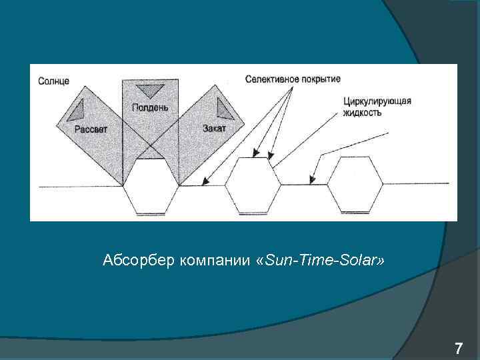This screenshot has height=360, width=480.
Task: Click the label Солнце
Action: pyautogui.click(x=53, y=81)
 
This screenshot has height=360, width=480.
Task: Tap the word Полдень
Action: pyautogui.click(x=150, y=107)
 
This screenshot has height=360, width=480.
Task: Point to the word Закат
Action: pyautogui.click(x=215, y=128)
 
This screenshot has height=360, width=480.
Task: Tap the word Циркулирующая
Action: pyautogui.click(x=377, y=101)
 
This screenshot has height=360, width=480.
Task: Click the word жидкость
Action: pyautogui.click(x=363, y=113)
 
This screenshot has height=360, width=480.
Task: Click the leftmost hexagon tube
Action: pyautogui.click(x=151, y=186)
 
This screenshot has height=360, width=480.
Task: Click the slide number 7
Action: pyautogui.click(x=458, y=348)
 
